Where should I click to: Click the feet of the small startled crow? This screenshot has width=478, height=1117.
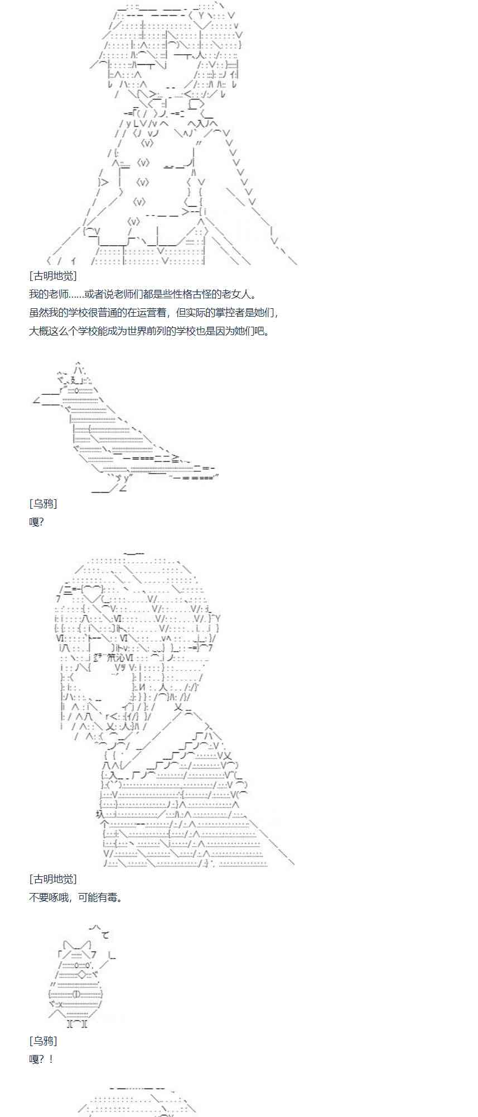click(76, 1024)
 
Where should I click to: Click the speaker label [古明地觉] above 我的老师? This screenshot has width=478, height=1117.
click(52, 276)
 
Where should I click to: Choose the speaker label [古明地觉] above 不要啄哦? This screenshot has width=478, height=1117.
click(52, 879)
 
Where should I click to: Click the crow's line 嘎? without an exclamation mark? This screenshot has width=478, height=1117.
click(36, 522)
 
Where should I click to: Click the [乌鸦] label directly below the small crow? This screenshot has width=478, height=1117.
click(43, 1040)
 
